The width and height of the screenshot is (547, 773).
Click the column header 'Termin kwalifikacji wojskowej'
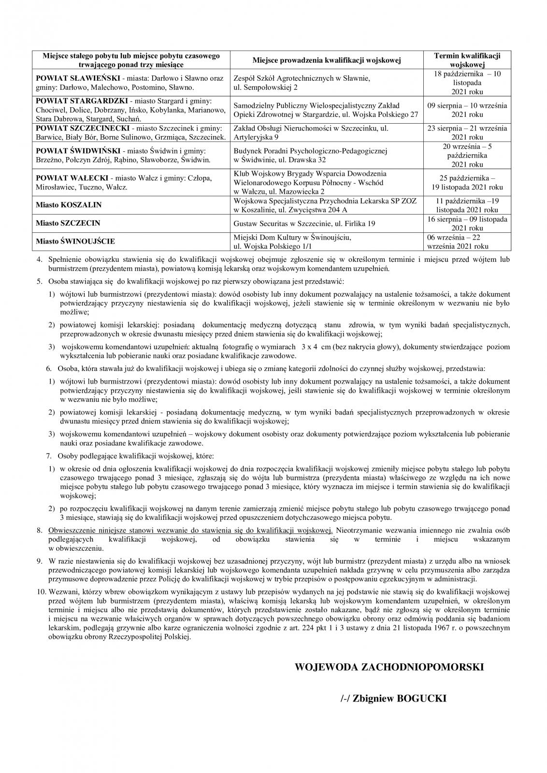pos(467,60)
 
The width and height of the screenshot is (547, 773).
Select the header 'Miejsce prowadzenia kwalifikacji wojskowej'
pos(327,60)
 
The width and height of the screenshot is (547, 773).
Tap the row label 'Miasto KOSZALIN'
pos(69,205)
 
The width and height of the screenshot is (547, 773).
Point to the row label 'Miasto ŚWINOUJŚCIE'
pos(75,241)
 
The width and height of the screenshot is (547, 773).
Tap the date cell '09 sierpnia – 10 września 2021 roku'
pos(467,110)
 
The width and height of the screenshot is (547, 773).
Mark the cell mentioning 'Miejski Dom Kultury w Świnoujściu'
pos(292,241)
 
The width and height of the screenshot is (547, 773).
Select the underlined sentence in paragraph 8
pos(191,530)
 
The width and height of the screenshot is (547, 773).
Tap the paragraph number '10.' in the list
pos(41,591)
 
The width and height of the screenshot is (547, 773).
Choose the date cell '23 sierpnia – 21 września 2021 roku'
pos(467,132)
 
